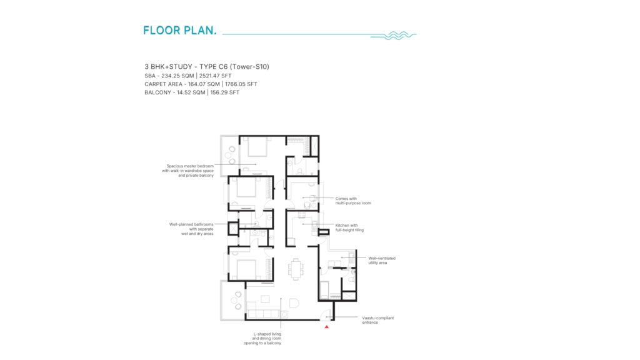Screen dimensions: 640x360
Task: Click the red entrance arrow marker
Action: coord(326,327)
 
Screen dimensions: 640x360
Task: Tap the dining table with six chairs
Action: coord(296,269)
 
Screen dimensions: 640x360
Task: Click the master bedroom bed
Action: coord(257,146)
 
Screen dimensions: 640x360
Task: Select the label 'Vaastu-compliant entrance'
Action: coord(378,320)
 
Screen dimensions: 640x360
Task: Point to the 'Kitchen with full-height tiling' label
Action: coord(349,227)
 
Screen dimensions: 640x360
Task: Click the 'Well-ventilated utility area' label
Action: coord(382,261)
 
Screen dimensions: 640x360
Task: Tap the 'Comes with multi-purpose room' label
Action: coord(353,201)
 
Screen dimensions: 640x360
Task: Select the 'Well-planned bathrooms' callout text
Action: coord(191,229)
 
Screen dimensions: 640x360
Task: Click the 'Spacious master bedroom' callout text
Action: coord(187,171)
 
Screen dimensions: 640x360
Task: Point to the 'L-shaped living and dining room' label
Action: coord(263,338)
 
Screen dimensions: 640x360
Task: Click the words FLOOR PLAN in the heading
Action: coord(179,31)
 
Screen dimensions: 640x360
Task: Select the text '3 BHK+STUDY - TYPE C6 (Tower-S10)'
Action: coord(206,66)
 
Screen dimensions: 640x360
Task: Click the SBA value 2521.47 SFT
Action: coord(215,76)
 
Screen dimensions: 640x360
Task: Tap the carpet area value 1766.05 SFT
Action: coord(241,84)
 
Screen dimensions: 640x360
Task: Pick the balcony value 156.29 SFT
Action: coord(225,92)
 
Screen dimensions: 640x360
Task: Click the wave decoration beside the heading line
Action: coord(394,36)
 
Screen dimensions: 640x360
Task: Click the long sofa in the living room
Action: coord(263,314)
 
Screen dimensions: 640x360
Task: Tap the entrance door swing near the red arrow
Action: coord(326,315)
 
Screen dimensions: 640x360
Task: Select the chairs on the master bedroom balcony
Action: coord(232,156)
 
